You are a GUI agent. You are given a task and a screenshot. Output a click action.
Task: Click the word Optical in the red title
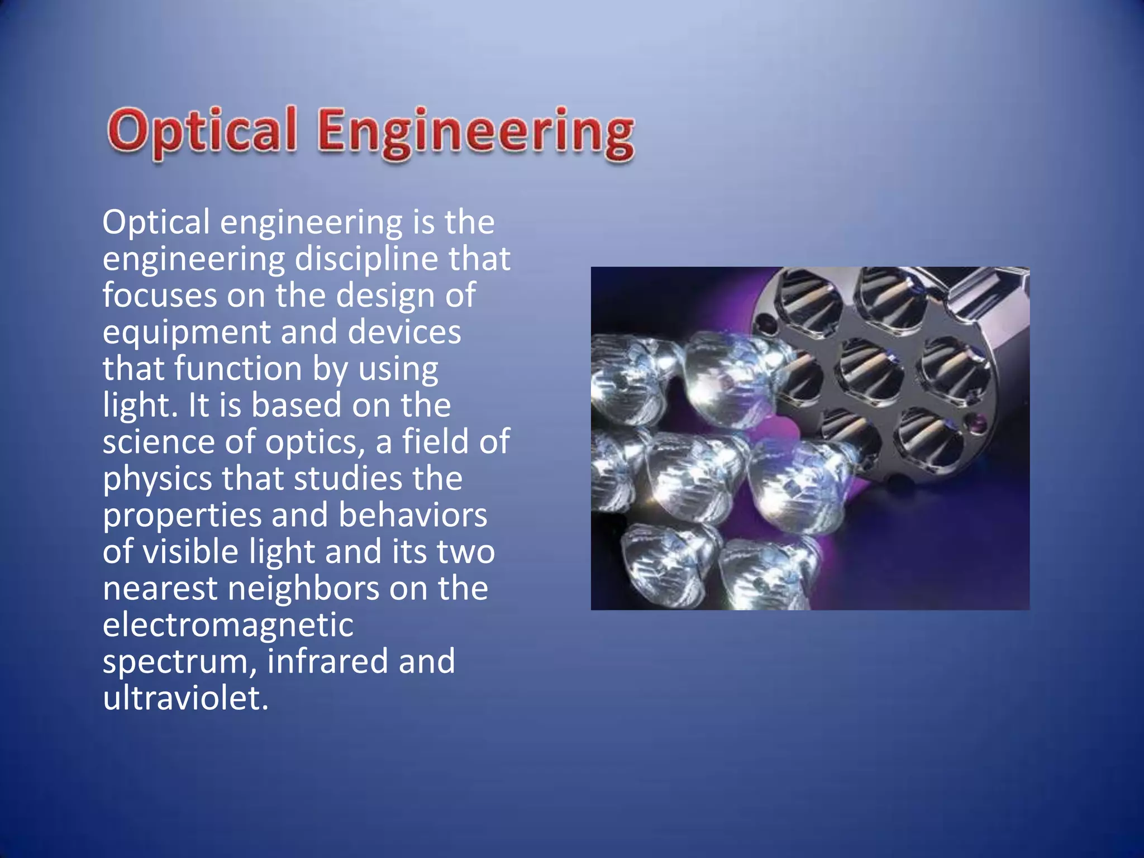point(202,131)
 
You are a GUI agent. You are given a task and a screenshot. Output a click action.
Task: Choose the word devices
point(404,332)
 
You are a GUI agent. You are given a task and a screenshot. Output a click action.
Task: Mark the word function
point(238,368)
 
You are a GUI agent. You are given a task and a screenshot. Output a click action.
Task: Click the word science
point(158,442)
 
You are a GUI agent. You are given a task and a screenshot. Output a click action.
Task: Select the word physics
point(157,480)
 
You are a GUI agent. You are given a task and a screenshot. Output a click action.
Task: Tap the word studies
point(347,479)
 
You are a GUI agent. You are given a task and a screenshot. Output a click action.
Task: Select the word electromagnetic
point(228,625)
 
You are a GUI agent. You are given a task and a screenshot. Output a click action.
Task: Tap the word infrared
point(327,661)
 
